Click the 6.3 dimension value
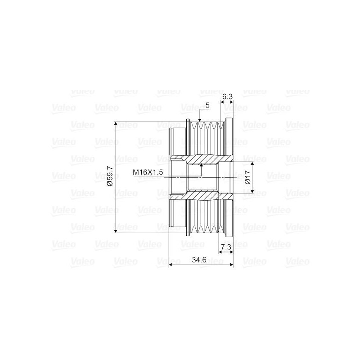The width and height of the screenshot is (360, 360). tap(227, 97)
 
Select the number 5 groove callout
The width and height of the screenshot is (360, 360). tap(207, 105)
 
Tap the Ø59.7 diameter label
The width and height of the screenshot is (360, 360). tap(110, 176)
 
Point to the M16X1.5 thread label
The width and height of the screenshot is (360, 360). tap(148, 172)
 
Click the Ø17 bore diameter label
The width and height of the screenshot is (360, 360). tap(247, 177)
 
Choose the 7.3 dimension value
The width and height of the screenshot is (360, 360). tap(226, 247)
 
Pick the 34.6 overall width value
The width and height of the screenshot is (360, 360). tap(199, 260)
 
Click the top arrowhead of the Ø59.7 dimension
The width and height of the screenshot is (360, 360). tap(116, 124)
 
